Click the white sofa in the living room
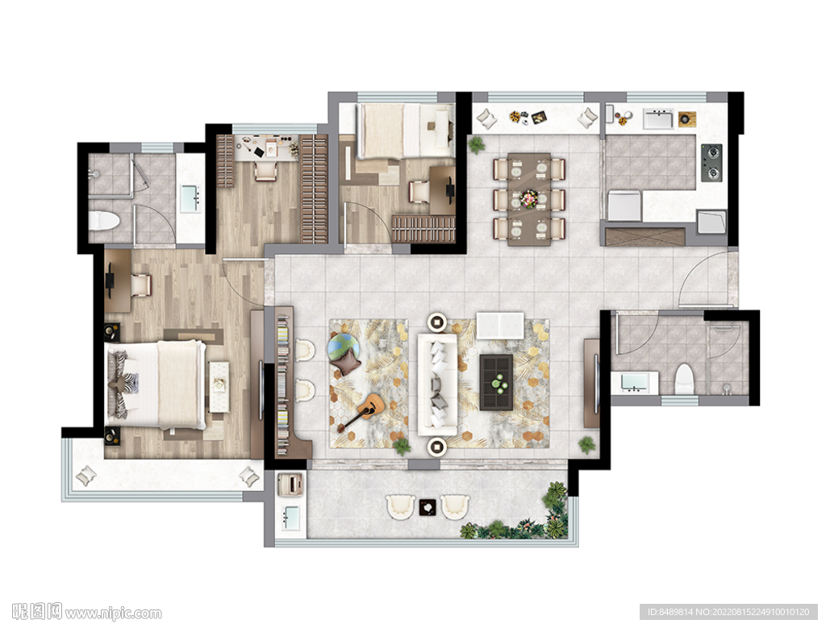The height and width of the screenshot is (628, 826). [x=437, y=384]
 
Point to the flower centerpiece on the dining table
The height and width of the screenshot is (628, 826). [x=529, y=199]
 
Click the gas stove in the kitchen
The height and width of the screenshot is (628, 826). [x=711, y=163]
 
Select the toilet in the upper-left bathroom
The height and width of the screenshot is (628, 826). [x=103, y=221]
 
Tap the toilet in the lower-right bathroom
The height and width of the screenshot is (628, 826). [x=684, y=378]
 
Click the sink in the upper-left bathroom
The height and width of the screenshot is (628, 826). [x=190, y=198]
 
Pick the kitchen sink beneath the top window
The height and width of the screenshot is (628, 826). [x=658, y=119]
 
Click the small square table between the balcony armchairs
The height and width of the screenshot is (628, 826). [x=428, y=506]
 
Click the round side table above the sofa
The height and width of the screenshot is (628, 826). [x=436, y=321]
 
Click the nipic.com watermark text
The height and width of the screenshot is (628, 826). [x=87, y=612]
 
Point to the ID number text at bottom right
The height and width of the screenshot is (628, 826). [x=728, y=612]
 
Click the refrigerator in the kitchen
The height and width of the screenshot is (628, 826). [x=625, y=206]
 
